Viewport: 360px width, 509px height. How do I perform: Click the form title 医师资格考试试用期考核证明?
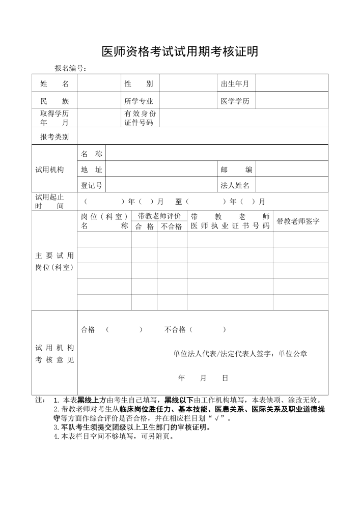click(180, 51)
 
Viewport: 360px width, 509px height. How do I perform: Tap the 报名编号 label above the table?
click(71, 69)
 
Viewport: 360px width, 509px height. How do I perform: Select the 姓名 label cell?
click(54, 83)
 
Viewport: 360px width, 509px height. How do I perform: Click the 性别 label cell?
click(139, 83)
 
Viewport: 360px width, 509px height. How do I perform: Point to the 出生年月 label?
click(235, 83)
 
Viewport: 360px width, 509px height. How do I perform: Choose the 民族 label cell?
click(54, 101)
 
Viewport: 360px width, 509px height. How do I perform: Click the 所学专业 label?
click(139, 101)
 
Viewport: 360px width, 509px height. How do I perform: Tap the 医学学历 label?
click(235, 101)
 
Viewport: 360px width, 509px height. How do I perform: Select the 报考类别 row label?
click(54, 136)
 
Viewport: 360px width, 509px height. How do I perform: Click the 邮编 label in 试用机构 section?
click(236, 169)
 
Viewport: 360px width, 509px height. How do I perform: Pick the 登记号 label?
click(91, 185)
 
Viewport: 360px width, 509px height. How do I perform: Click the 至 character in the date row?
click(179, 202)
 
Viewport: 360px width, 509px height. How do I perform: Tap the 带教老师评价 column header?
click(159, 216)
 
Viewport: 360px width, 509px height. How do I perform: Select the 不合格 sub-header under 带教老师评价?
click(172, 227)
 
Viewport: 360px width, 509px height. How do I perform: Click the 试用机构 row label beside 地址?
click(50, 169)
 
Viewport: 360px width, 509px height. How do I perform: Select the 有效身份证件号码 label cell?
click(140, 118)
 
